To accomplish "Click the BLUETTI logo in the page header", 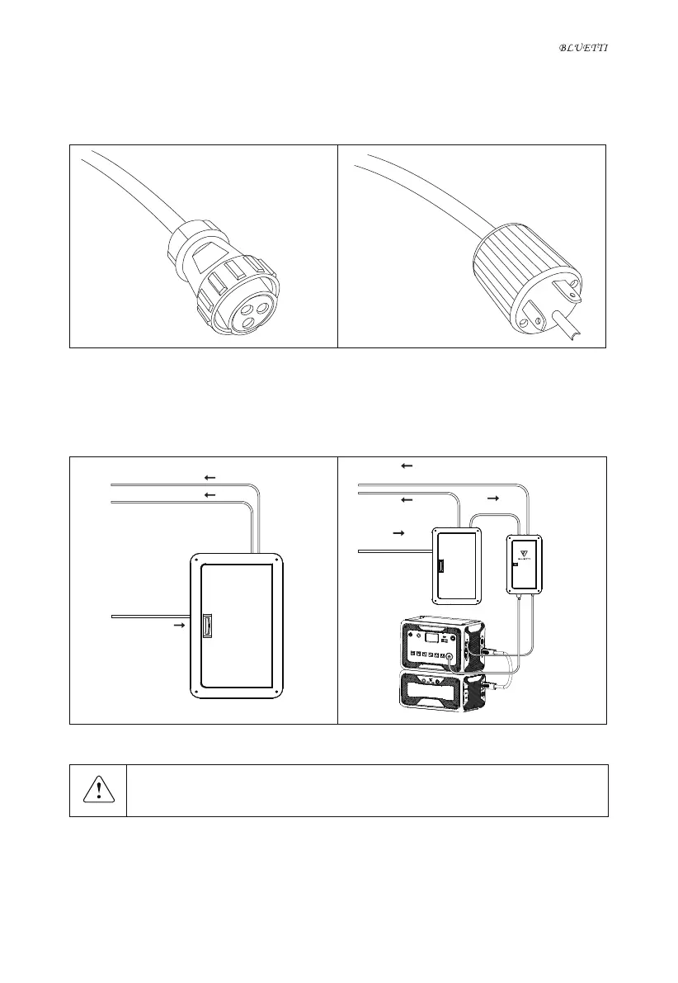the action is click(x=583, y=49).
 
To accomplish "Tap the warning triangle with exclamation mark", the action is click(x=97, y=791).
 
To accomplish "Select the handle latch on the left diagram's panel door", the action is click(x=207, y=624).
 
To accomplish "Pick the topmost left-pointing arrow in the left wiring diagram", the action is click(x=210, y=477).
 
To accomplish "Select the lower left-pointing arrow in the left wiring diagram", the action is click(x=210, y=494).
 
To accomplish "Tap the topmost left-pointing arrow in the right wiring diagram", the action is click(x=406, y=466).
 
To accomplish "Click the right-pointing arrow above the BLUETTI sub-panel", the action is click(x=493, y=499).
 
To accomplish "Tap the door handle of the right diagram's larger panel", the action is click(x=440, y=566).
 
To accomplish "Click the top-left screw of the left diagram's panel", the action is click(x=196, y=560).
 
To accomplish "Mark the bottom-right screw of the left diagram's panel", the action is click(x=278, y=690).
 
